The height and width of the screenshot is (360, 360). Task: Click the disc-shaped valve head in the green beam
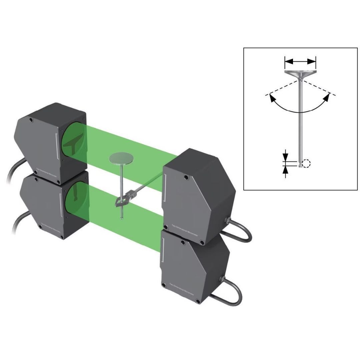pyautogui.click(x=121, y=158)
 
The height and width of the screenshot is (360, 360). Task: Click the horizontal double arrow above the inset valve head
pyautogui.click(x=300, y=61)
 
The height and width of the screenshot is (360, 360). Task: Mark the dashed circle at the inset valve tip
pyautogui.click(x=306, y=163)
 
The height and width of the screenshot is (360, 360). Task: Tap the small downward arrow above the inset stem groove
pyautogui.click(x=285, y=156)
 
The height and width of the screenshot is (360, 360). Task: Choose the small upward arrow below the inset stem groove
pyautogui.click(x=285, y=170)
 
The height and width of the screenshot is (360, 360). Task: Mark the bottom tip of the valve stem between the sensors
pyautogui.click(x=122, y=219)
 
